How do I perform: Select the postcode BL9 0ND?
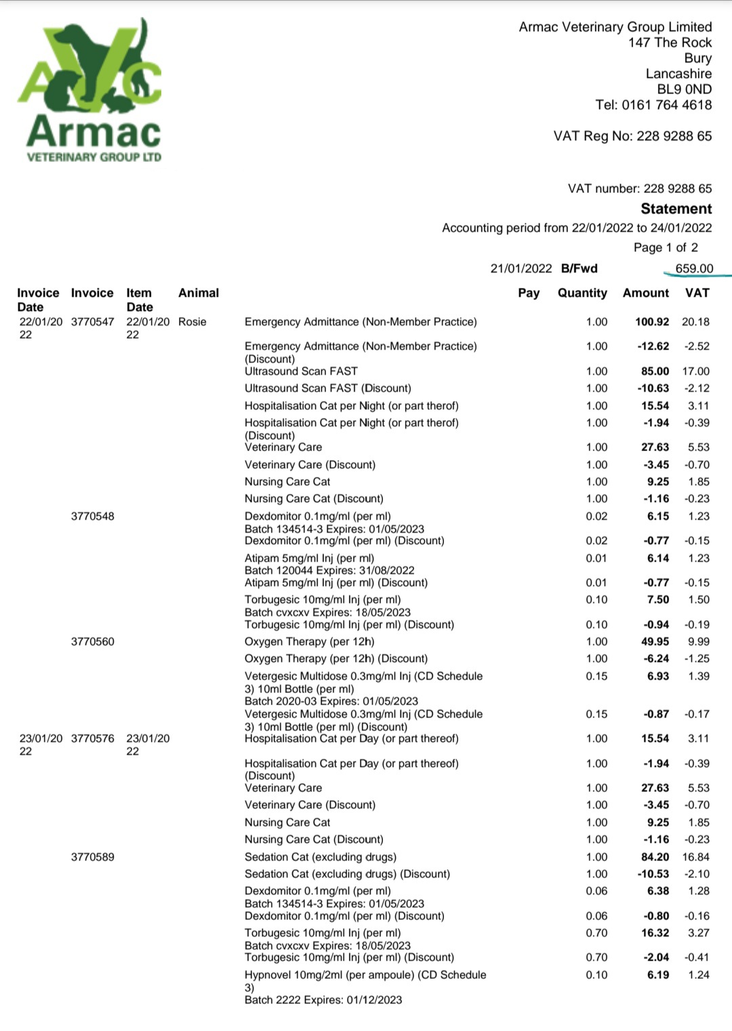click(684, 89)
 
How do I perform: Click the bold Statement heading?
click(676, 209)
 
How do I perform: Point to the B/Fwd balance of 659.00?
click(694, 268)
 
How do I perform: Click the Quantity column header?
click(582, 293)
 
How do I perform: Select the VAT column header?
click(697, 293)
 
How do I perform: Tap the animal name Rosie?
click(192, 322)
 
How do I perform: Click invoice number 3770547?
click(93, 322)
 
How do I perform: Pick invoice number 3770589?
click(93, 857)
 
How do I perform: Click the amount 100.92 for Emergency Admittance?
click(651, 322)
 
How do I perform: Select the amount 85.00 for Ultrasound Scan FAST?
click(655, 371)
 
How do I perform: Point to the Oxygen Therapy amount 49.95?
click(655, 641)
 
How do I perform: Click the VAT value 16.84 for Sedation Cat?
click(695, 857)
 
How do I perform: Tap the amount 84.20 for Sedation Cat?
click(655, 857)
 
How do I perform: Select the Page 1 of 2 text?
click(666, 247)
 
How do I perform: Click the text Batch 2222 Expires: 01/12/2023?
click(323, 1000)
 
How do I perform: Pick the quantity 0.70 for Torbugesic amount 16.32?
click(596, 933)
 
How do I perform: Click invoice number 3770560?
click(93, 641)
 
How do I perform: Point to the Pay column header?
click(529, 293)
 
